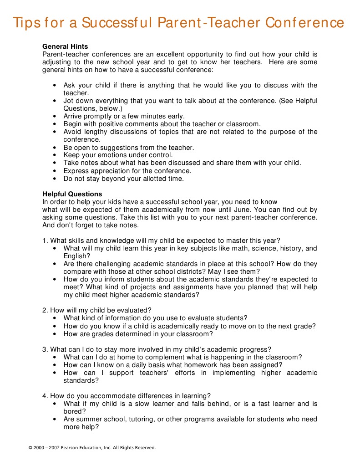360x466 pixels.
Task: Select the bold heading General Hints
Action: point(65,46)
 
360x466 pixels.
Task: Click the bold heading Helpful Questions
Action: point(72,194)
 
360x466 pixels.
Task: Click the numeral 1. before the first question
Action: point(45,241)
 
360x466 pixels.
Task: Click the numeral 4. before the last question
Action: point(45,395)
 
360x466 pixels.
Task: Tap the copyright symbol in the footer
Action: point(30,448)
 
